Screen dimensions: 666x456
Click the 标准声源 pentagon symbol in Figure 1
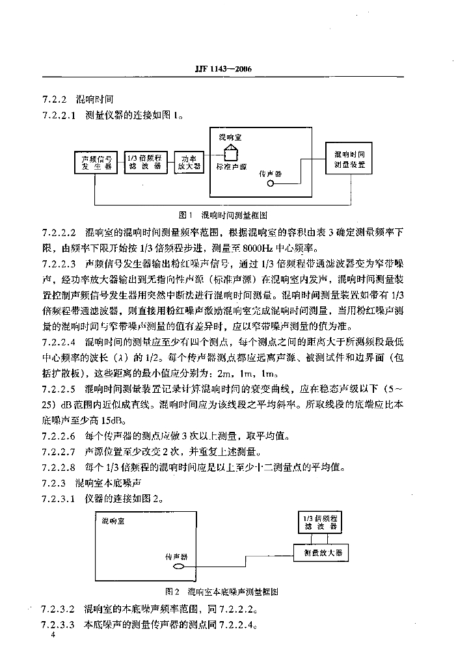228,152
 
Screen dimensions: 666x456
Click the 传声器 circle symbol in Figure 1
270,184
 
